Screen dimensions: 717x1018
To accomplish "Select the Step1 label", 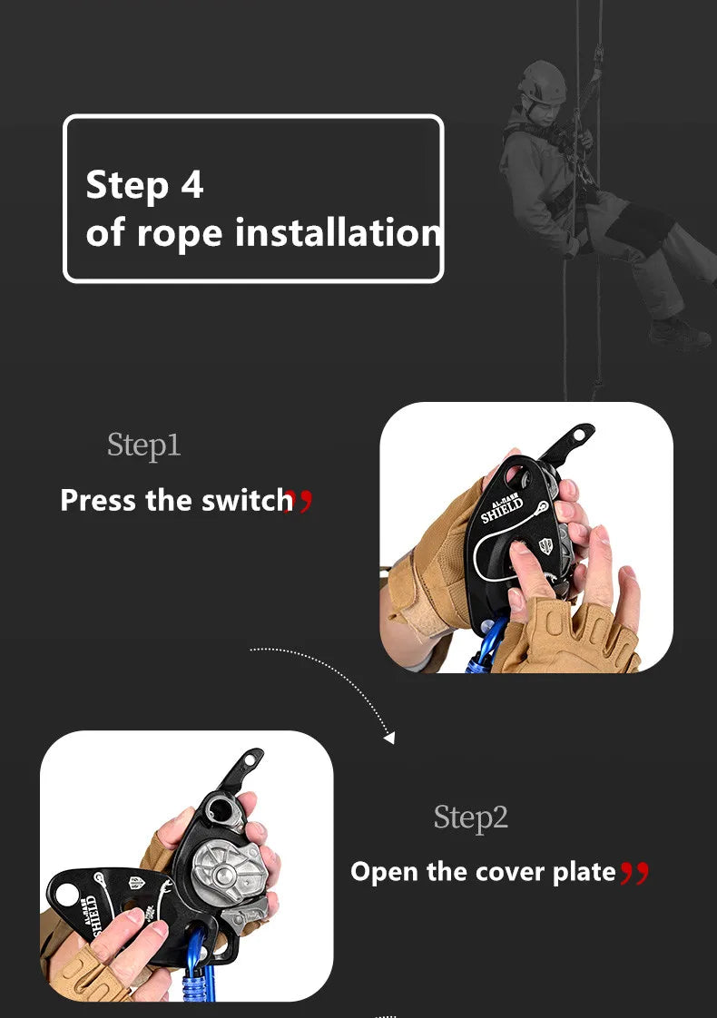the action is tap(144, 445).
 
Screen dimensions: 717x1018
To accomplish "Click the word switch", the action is tap(248, 500).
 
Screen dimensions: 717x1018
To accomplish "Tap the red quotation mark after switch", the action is tap(300, 501).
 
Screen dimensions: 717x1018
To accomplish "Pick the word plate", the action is tap(584, 872).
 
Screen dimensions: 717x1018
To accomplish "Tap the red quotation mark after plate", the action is tap(634, 873).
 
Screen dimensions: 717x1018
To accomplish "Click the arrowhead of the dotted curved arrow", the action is tap(389, 738).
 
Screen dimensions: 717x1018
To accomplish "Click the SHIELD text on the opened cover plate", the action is tap(94, 916).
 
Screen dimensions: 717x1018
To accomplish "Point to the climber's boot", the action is tap(679, 334).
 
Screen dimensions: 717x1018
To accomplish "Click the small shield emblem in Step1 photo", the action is tap(546, 545).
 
